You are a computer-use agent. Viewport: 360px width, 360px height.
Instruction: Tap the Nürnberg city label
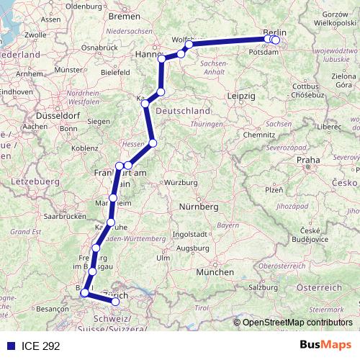[197, 207]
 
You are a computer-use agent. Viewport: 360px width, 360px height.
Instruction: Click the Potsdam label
[261, 53]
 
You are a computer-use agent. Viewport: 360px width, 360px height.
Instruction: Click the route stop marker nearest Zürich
[115, 301]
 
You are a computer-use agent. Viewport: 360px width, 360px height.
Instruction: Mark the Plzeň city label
[274, 189]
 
